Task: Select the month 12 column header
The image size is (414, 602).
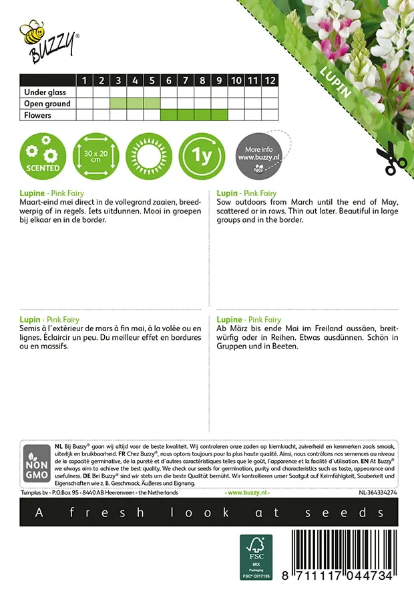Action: (x=269, y=80)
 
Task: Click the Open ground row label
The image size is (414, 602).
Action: (x=47, y=104)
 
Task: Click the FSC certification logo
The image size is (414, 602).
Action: (x=256, y=557)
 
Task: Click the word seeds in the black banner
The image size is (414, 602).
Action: (x=354, y=512)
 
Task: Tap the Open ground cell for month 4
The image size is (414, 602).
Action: (x=135, y=104)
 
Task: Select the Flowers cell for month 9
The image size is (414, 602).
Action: (x=219, y=115)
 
